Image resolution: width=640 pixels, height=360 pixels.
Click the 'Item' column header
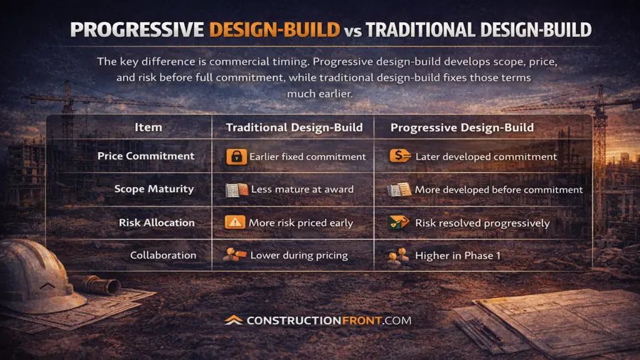(x=148, y=127)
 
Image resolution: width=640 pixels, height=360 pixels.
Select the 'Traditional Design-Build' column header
(x=294, y=128)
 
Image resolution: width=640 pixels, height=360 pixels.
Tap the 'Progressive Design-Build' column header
(x=462, y=128)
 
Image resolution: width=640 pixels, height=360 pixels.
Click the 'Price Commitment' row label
(x=146, y=156)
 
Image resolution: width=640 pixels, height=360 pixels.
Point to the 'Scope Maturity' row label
(x=154, y=189)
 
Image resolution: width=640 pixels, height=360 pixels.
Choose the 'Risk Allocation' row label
(x=156, y=223)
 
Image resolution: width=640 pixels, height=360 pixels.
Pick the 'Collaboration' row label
(x=164, y=255)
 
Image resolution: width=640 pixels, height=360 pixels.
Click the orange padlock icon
(x=236, y=157)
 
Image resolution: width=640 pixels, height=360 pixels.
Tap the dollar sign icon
(x=400, y=156)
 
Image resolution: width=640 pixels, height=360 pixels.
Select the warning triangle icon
(x=235, y=223)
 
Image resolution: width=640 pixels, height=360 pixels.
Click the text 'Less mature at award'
(x=302, y=189)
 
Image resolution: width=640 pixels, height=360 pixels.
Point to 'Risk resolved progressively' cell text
(x=482, y=223)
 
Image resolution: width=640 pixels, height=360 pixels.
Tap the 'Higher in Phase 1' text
(x=457, y=255)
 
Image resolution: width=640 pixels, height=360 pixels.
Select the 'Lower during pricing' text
(x=299, y=255)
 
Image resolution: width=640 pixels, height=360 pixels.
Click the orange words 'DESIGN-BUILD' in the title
(x=274, y=30)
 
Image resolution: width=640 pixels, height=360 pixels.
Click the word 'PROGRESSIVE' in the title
(x=137, y=30)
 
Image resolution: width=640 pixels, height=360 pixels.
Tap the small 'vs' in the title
(x=353, y=31)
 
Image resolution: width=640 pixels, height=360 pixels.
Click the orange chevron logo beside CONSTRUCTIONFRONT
(x=233, y=320)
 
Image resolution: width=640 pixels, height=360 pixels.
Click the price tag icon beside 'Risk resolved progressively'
(x=399, y=223)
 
